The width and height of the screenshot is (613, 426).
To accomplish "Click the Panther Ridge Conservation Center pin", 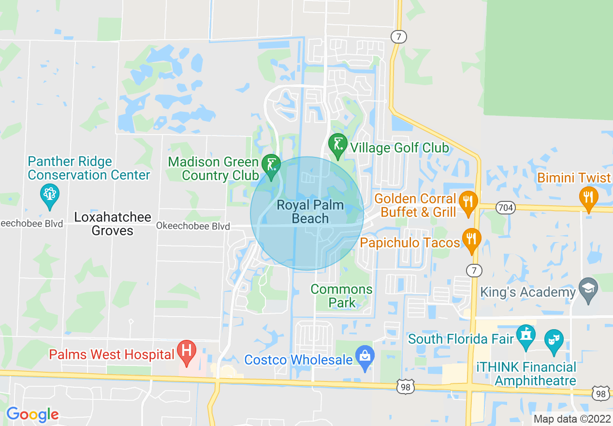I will point(50,195).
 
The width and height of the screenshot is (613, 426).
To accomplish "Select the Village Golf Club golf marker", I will point(337,145).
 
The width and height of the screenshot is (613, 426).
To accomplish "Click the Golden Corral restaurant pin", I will point(468,202).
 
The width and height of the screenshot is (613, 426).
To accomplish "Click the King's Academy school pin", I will point(588,289).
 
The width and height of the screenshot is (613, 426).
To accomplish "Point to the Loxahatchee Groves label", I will point(113,224).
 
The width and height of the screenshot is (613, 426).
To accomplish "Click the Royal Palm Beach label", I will point(310,212).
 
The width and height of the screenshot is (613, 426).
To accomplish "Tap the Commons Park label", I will point(342,296).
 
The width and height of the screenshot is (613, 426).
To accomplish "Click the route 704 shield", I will point(506,208).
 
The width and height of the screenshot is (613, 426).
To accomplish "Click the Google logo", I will point(32,414).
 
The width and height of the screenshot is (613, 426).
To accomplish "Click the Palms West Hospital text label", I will point(111,355).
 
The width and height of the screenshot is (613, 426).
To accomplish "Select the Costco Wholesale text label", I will point(298,360).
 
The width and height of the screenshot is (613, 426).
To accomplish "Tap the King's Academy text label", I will point(528,292).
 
